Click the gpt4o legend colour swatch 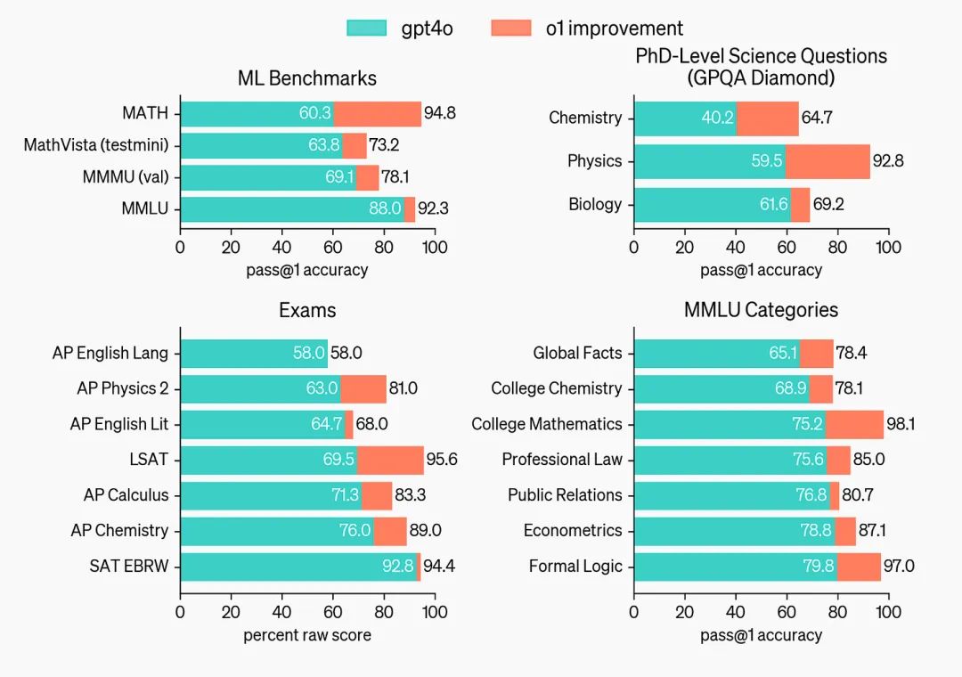point(367,28)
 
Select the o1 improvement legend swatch point(510,28)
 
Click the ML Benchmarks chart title point(306,78)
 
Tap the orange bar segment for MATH point(377,114)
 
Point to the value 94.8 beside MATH point(440,114)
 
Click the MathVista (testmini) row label point(96,145)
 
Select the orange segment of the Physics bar point(827,161)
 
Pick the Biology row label point(595,204)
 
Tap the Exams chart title point(307,310)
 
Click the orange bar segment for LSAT point(390,460)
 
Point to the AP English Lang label point(110,353)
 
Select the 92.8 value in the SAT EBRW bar point(397,567)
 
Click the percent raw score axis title point(307,635)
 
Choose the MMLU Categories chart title point(761,310)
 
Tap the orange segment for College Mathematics point(854,424)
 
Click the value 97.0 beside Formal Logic point(899,567)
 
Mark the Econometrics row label point(573,531)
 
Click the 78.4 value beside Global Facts point(851,353)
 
